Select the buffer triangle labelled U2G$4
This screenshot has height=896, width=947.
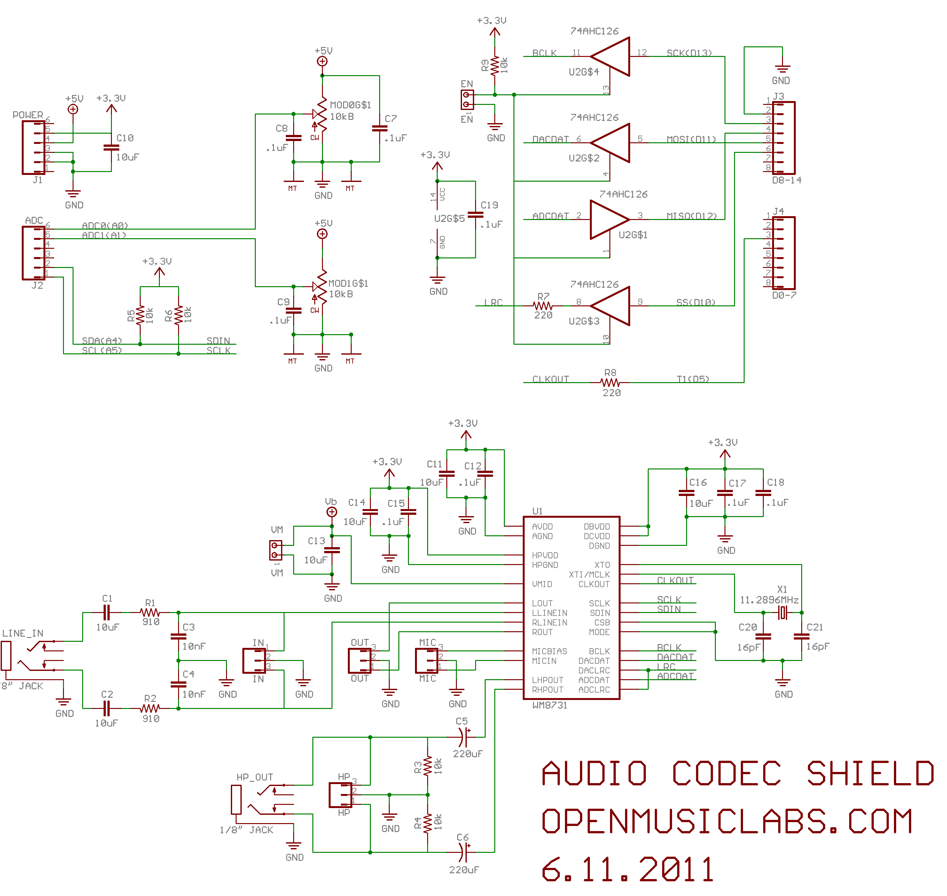coord(612,56)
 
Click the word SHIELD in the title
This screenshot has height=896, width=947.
coord(870,774)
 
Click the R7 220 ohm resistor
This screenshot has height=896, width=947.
coord(543,306)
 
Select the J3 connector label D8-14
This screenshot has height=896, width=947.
coord(787,180)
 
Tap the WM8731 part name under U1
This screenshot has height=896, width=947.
coord(550,705)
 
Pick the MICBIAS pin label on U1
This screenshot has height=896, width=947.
coord(550,651)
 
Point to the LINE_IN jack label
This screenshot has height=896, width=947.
coord(22,633)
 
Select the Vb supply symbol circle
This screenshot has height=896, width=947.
coord(332,512)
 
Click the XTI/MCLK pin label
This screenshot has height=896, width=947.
coord(589,575)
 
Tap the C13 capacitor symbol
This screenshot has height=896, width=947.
coord(332,550)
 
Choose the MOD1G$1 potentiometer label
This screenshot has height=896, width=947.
coord(348,283)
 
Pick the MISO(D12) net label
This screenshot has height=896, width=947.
coord(692,216)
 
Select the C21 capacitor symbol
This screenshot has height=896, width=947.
coord(801,636)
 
